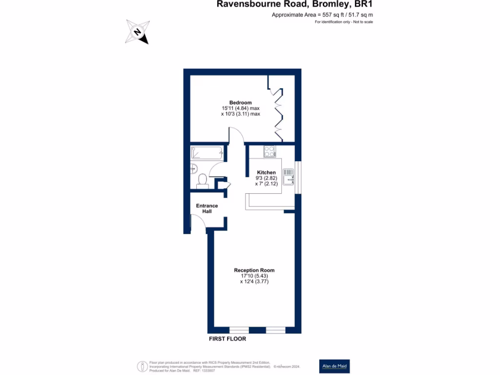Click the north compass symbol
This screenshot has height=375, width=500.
click(x=137, y=32)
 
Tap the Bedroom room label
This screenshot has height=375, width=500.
click(x=240, y=102)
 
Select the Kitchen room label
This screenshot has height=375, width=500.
click(x=267, y=172)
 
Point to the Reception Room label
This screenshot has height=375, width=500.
click(x=254, y=270)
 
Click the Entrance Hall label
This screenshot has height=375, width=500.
click(x=207, y=208)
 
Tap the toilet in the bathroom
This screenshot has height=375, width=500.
click(x=202, y=182)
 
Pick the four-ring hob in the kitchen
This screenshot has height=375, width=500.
click(x=270, y=151)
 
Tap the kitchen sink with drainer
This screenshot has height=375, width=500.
click(x=290, y=176)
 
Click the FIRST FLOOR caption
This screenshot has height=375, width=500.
click(x=227, y=338)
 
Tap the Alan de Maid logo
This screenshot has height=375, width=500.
click(x=334, y=366)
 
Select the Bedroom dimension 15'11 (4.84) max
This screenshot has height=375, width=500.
click(x=240, y=108)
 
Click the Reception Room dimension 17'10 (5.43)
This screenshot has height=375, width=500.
click(x=254, y=276)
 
